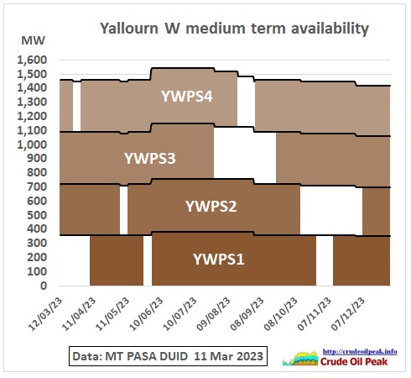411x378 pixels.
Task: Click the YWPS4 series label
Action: pos(187,97)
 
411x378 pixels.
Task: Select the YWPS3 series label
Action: pos(150,159)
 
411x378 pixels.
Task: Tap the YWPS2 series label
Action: pos(211,207)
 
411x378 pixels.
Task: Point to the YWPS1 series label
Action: pos(219,259)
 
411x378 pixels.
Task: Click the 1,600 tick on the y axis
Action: pos(32,60)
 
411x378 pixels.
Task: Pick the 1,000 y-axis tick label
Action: pos(32,144)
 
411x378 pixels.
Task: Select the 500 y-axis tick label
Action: pos(37,215)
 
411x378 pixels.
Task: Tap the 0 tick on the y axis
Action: pos(44,286)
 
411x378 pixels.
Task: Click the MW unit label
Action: pos(33,40)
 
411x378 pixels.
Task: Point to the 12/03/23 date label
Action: pos(45,314)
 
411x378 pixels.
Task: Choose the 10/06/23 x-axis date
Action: pos(146,314)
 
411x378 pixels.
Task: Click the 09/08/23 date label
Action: pos(214,314)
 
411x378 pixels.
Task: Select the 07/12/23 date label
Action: pos(348,314)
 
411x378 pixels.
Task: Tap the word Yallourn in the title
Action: pos(129,29)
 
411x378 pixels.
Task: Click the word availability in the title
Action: pos(330,29)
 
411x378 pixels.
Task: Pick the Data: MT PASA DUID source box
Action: pos(168,356)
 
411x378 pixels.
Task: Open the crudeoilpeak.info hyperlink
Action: pos(360,352)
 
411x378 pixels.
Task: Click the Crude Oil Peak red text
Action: pos(354,361)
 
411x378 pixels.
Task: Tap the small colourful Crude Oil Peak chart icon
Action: pos(300,359)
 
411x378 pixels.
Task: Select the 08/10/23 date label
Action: pos(281,314)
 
